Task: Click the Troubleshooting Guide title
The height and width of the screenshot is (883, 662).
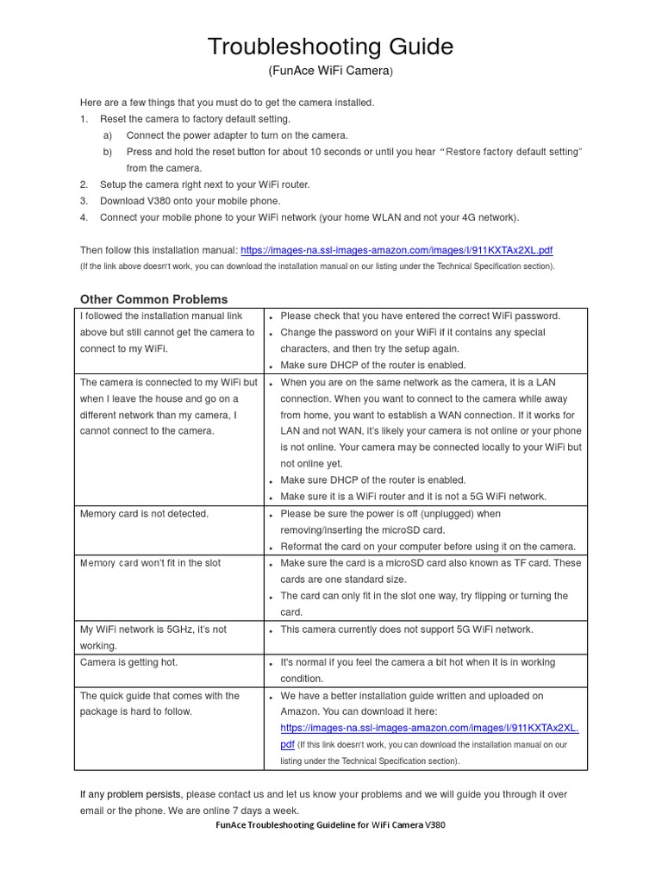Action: [330, 47]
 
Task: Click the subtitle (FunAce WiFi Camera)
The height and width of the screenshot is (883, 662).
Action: [330, 72]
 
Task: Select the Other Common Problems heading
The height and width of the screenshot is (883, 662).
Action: [154, 299]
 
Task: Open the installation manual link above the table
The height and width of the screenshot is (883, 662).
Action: [397, 250]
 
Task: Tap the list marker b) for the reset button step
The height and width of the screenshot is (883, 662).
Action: [108, 152]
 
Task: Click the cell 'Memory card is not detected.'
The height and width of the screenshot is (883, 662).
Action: [145, 514]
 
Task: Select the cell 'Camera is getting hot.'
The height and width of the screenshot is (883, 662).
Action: [129, 662]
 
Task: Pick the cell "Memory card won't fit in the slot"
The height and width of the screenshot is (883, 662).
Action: [151, 563]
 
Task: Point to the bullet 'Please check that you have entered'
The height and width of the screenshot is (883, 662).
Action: [420, 316]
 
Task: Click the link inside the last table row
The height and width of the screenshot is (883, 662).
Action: [429, 728]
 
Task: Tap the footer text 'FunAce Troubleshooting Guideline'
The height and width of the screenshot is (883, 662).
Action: [330, 824]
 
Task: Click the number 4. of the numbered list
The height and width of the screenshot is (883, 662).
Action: [84, 217]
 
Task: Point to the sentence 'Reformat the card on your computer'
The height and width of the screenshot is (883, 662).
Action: [428, 547]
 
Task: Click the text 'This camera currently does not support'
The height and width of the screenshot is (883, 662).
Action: [407, 629]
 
